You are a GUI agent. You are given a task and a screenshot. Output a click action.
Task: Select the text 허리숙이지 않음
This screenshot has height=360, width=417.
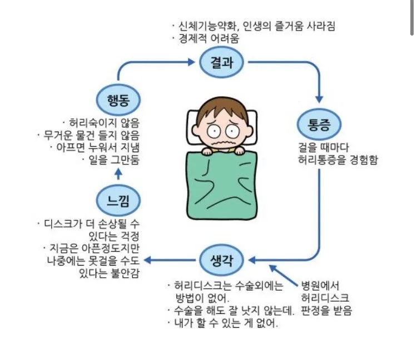tap(103, 123)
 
